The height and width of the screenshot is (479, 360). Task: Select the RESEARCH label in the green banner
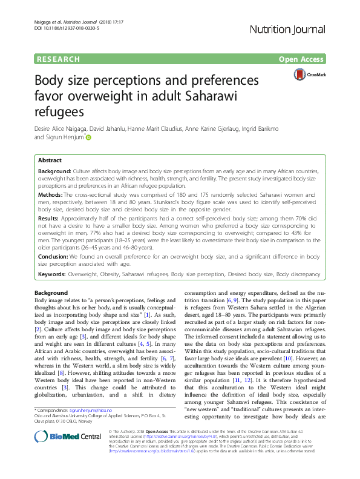coord(58,59)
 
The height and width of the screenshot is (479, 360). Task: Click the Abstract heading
coord(50,160)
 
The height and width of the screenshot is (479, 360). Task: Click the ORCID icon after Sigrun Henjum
coord(88,137)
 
